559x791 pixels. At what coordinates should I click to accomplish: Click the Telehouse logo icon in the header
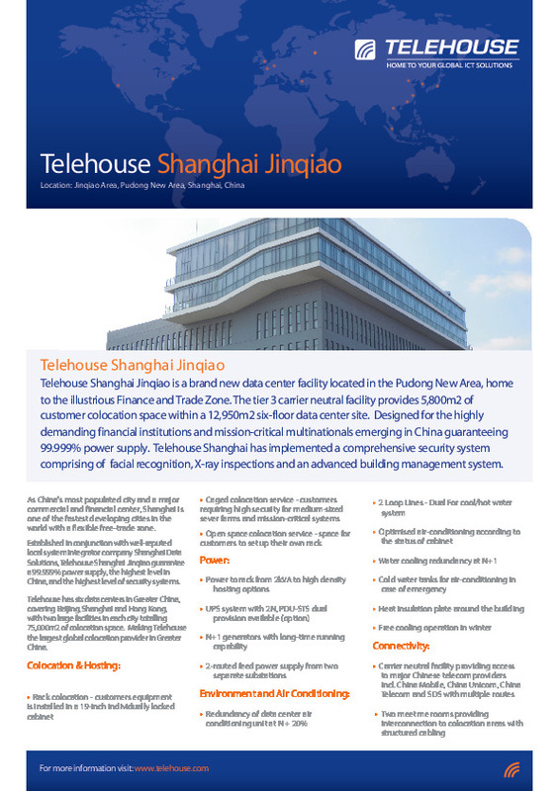click(x=367, y=48)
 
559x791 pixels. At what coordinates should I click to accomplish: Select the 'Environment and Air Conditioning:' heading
click(x=276, y=667)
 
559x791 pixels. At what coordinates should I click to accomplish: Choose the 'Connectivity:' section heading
click(x=401, y=618)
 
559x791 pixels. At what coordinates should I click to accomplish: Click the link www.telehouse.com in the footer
click(x=170, y=767)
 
